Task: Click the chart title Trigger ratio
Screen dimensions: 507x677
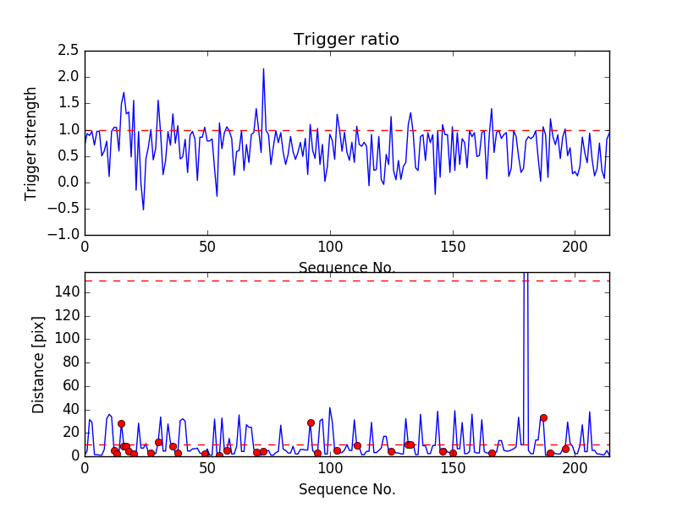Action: coord(346,40)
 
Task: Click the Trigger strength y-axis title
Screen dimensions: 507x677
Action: coord(31,143)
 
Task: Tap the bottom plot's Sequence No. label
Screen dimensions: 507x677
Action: coord(346,489)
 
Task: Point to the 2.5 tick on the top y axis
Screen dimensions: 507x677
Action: coord(69,51)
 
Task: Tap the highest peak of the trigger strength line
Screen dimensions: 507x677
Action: coord(263,68)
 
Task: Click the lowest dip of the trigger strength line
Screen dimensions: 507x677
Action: coord(143,209)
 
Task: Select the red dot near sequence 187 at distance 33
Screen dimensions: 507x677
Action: coord(543,417)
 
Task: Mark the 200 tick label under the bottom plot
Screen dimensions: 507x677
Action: coord(575,469)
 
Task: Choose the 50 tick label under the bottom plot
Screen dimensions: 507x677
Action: coord(207,469)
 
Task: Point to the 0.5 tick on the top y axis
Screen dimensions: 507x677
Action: coord(69,156)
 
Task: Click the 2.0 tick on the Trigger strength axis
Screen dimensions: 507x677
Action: coord(69,77)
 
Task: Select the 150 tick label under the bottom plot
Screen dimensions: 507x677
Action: coord(453,469)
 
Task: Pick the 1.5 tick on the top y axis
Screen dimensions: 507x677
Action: coord(69,103)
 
